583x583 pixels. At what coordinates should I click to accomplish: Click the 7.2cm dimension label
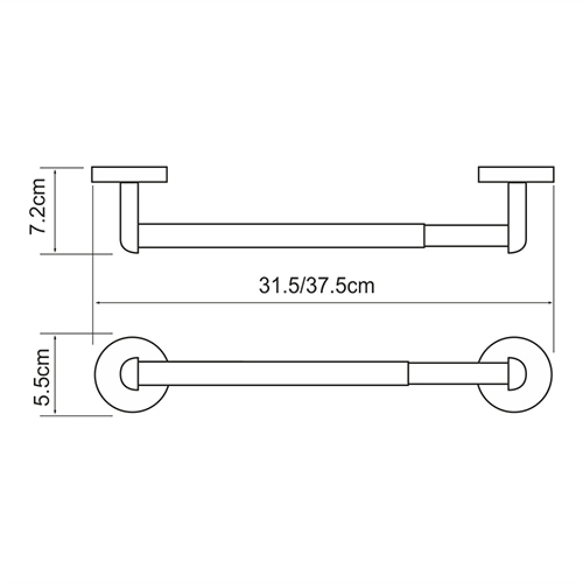point(37,206)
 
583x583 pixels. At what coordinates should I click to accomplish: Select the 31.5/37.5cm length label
point(317,286)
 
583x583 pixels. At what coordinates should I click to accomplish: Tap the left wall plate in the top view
point(129,175)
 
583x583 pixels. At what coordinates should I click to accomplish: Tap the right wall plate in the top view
point(517,175)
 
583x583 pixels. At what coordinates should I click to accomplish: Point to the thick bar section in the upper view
point(282,236)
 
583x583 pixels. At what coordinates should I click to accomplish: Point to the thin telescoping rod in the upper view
point(466,236)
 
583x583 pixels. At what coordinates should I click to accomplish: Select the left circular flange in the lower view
point(97,374)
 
